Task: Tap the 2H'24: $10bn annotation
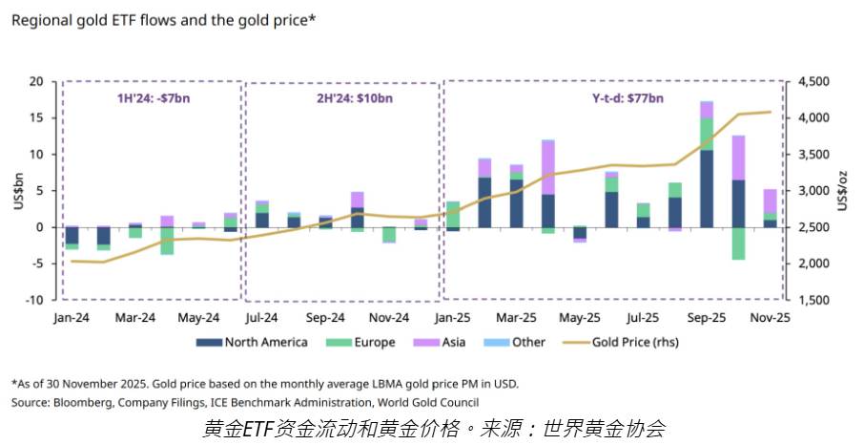(x=342, y=97)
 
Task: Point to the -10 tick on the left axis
(x=34, y=300)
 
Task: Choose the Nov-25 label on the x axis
(x=769, y=317)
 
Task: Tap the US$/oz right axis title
(x=844, y=190)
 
